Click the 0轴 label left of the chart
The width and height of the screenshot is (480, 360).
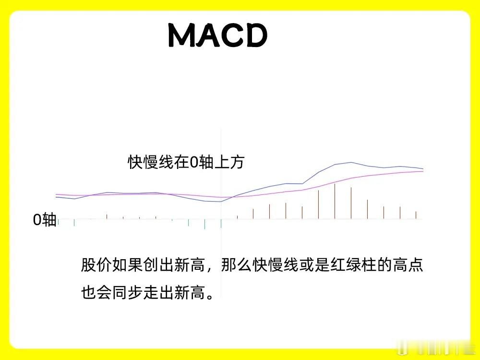coord(45,220)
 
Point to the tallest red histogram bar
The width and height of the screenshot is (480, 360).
coord(335,201)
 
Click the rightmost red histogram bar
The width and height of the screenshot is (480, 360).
coord(416,215)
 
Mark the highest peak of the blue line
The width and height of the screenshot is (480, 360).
coord(351,163)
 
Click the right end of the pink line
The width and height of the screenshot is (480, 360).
coord(423,171)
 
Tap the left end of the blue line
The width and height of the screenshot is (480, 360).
coord(56,197)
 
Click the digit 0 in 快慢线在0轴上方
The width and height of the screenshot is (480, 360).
coord(194,162)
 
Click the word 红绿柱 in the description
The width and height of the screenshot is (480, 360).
coord(353,265)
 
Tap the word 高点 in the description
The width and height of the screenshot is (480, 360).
coord(408,265)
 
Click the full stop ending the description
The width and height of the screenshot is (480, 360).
coord(210,297)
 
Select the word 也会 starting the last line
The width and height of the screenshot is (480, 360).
coord(96,293)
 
